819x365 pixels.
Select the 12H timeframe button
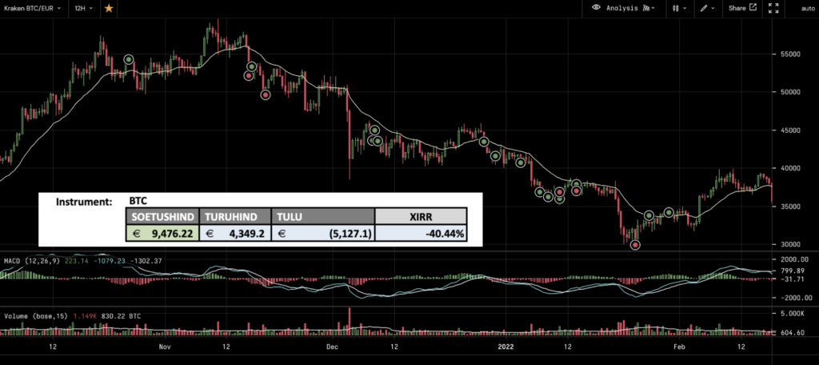82,8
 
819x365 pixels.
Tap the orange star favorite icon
109,8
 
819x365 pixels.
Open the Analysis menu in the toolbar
622,8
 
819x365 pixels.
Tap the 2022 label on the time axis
505,347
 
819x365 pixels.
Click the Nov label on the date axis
165,347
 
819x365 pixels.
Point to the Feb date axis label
679,347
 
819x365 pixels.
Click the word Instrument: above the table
84,202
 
